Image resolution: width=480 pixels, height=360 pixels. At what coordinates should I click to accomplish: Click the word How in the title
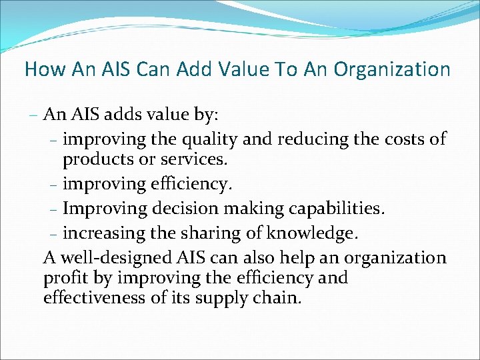pos(41,69)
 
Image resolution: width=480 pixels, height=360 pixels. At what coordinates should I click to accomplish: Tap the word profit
pos(63,277)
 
